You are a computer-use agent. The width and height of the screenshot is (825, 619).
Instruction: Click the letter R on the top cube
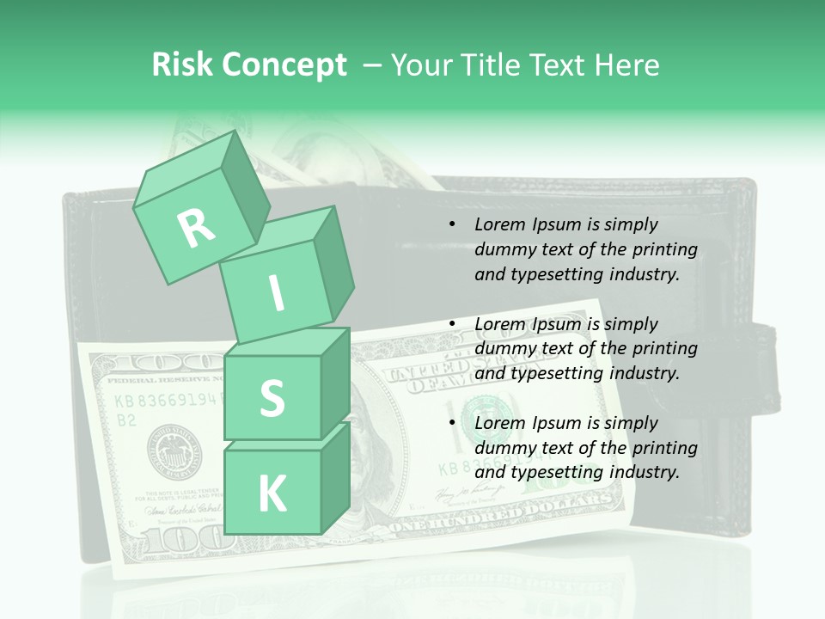[x=196, y=228]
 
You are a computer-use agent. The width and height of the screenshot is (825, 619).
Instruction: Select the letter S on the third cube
[x=272, y=398]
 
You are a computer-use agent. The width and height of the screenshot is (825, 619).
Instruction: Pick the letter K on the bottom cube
[x=272, y=494]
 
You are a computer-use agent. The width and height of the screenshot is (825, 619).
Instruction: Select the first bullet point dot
[x=453, y=225]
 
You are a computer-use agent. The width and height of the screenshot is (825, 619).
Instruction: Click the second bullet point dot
[x=453, y=325]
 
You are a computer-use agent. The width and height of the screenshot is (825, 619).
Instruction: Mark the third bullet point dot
[x=453, y=424]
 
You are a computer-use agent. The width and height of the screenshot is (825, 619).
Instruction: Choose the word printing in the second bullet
[x=663, y=348]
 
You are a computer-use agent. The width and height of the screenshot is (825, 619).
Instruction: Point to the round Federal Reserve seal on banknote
[x=174, y=450]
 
